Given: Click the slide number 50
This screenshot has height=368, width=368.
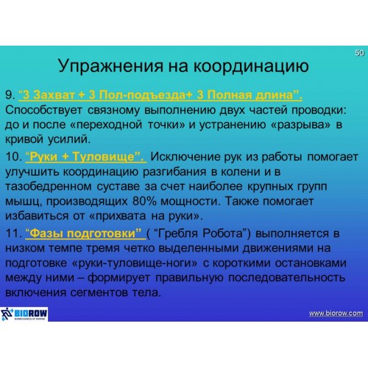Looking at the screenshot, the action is pyautogui.click(x=359, y=53).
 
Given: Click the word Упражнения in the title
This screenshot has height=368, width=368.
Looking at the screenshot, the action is pyautogui.click(x=110, y=66).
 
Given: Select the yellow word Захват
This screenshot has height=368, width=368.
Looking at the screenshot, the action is pyautogui.click(x=54, y=95).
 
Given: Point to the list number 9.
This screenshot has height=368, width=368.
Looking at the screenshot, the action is pyautogui.click(x=10, y=95).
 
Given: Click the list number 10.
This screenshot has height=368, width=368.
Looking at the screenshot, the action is pyautogui.click(x=13, y=157).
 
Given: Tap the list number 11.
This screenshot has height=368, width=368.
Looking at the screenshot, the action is pyautogui.click(x=13, y=233).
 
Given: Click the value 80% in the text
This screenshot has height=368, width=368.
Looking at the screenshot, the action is pyautogui.click(x=144, y=201).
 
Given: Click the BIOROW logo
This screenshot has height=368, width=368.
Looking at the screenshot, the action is pyautogui.click(x=24, y=314).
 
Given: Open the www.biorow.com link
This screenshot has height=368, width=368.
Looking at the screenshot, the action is pyautogui.click(x=336, y=314).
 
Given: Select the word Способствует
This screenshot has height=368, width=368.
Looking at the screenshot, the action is pyautogui.click(x=43, y=110).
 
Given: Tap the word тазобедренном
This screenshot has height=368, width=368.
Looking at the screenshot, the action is pyautogui.click(x=49, y=187).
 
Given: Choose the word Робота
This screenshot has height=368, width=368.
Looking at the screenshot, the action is pyautogui.click(x=225, y=233).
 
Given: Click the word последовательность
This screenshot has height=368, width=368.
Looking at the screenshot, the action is pyautogui.click(x=287, y=278).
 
